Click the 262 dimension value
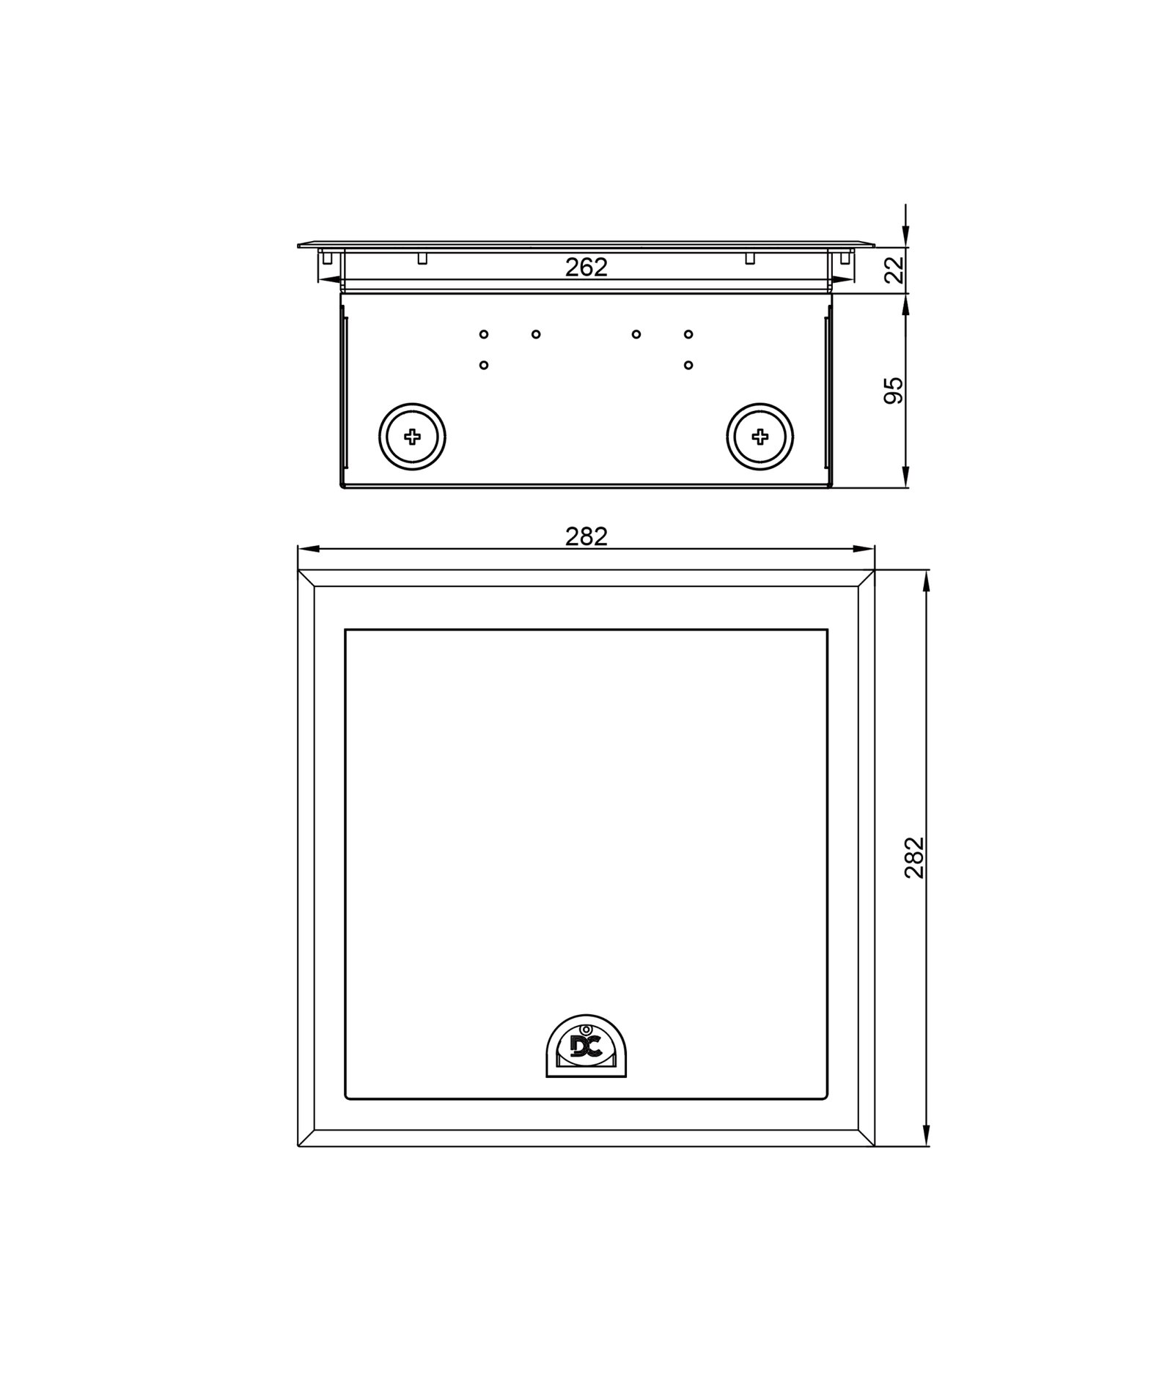(586, 267)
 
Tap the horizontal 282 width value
(586, 537)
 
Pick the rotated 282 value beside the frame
(914, 857)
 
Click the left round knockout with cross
(412, 437)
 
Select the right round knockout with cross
(760, 437)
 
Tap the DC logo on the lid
(586, 1047)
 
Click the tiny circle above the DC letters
(586, 1030)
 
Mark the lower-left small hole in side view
(484, 365)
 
